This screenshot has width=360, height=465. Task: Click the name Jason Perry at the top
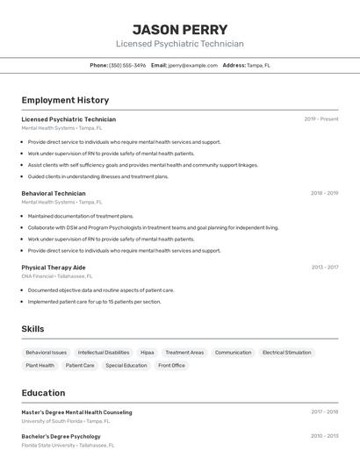pyautogui.click(x=180, y=29)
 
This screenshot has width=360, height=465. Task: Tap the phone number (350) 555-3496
pyautogui.click(x=127, y=65)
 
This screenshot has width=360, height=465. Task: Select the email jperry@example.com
pyautogui.click(x=192, y=65)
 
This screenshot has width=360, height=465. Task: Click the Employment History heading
pyautogui.click(x=65, y=100)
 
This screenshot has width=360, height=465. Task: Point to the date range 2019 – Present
pyautogui.click(x=321, y=119)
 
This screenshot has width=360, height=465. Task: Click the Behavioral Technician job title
pyautogui.click(x=54, y=193)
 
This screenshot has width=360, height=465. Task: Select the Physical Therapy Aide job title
pyautogui.click(x=54, y=267)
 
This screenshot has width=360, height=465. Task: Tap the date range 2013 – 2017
pyautogui.click(x=325, y=267)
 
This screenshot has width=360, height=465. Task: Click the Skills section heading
pyautogui.click(x=32, y=328)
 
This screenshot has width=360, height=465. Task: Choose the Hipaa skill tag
pyautogui.click(x=147, y=353)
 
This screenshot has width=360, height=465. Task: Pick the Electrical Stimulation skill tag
pyautogui.click(x=286, y=353)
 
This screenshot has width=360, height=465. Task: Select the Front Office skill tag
pyautogui.click(x=171, y=365)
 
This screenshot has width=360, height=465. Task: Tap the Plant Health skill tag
pyautogui.click(x=40, y=365)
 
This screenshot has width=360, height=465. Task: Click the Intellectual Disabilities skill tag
pyautogui.click(x=104, y=353)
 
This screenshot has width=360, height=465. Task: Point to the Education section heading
pyautogui.click(x=43, y=392)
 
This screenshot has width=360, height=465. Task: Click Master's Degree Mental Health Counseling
pyautogui.click(x=76, y=412)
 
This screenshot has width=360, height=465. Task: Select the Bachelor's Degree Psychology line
pyautogui.click(x=61, y=436)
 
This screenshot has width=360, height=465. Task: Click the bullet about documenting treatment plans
pyautogui.click(x=80, y=216)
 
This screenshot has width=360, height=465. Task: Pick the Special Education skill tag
pyautogui.click(x=126, y=365)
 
